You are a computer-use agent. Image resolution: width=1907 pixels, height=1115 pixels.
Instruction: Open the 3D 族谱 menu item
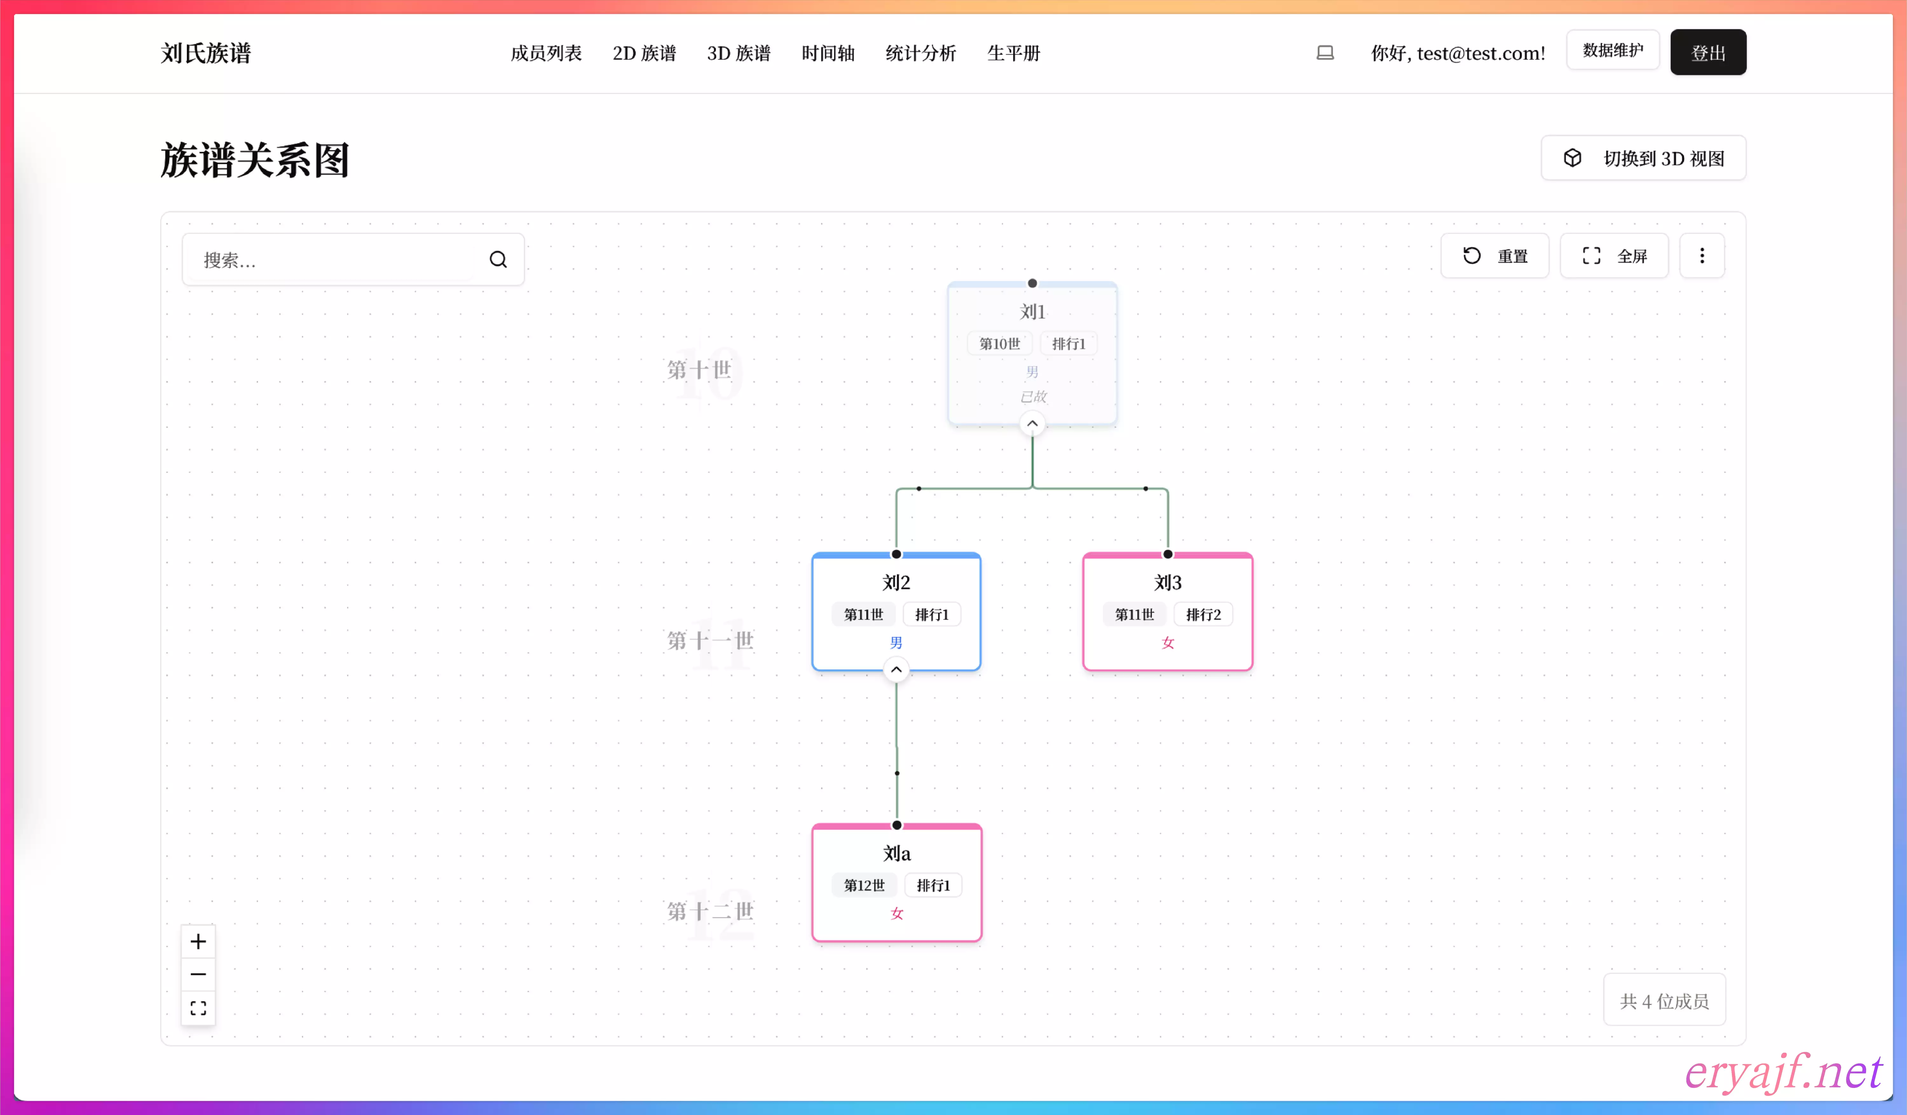coord(739,53)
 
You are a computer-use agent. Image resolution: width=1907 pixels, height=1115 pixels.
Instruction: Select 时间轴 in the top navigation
coord(828,53)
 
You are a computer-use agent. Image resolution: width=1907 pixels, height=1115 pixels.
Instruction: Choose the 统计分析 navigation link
coord(921,53)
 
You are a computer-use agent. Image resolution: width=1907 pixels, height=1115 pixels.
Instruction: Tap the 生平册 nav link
coord(1014,53)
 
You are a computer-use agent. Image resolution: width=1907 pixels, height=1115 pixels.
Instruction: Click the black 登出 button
coord(1708,52)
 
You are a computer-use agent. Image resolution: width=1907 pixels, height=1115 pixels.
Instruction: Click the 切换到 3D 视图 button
coord(1644,158)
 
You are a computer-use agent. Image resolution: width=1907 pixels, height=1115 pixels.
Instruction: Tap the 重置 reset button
coord(1494,256)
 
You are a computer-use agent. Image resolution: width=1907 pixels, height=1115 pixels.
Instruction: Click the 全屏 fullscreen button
coord(1614,256)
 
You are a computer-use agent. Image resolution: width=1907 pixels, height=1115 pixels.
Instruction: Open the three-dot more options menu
coord(1702,256)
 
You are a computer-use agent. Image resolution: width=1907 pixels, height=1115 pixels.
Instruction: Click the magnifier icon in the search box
coord(498,260)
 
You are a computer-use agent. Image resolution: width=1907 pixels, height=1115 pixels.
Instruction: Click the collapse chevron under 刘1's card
coord(1032,424)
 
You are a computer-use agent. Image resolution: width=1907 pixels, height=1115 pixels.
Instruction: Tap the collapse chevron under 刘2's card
coord(896,670)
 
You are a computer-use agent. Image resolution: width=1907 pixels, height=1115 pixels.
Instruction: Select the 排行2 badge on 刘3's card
coord(1203,615)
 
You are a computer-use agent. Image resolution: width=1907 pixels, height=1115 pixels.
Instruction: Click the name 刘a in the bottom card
coord(897,854)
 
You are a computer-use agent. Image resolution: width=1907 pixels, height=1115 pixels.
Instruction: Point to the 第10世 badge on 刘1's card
coord(1000,344)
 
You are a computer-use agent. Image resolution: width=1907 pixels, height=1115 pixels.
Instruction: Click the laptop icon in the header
coord(1325,53)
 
